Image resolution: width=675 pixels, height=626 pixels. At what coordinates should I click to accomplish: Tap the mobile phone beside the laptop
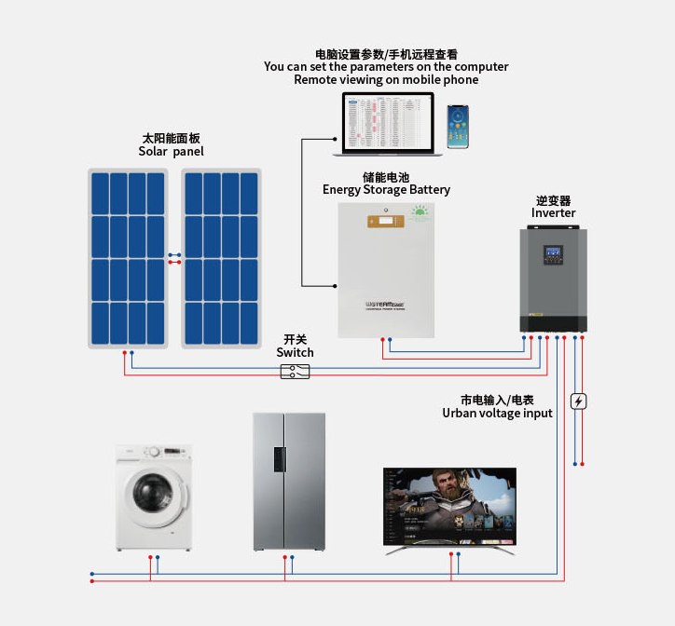point(458,126)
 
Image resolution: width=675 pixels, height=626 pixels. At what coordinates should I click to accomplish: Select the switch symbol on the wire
point(295,372)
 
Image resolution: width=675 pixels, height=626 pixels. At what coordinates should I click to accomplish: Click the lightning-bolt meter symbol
point(578,401)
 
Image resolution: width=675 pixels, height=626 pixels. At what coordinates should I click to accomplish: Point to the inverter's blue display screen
point(552,252)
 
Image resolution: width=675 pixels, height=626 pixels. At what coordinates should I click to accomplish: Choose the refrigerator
point(289,482)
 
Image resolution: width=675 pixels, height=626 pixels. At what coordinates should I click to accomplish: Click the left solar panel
point(128,258)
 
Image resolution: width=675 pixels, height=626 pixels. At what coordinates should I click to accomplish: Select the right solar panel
point(221,258)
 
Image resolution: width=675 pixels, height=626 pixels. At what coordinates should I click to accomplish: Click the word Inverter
point(554,213)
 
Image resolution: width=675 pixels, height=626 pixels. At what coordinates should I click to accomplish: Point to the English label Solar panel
point(171,152)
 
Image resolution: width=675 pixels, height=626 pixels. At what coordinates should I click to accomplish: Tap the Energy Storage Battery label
point(386,190)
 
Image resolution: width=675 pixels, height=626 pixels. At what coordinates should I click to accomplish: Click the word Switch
point(295,353)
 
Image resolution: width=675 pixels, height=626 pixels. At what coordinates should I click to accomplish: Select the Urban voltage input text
point(497,413)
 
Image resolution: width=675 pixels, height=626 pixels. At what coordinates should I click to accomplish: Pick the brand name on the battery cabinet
point(383,304)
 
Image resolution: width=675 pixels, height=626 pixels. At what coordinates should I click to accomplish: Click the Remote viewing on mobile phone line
point(386,80)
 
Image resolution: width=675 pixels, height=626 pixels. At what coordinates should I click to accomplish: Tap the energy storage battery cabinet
point(386,270)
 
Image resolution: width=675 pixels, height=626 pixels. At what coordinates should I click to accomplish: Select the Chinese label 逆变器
point(553,200)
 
